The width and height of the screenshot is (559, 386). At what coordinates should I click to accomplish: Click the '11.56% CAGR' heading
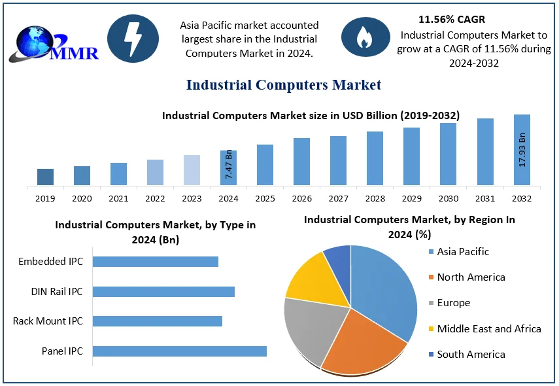click(452, 20)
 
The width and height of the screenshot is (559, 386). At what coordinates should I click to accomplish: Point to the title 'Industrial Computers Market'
click(284, 85)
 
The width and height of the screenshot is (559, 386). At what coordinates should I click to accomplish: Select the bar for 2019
click(45, 177)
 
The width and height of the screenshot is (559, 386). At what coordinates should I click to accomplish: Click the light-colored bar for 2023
click(192, 170)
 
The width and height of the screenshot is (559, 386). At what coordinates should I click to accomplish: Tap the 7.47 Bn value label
click(229, 165)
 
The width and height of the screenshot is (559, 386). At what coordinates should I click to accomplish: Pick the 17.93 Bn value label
click(522, 150)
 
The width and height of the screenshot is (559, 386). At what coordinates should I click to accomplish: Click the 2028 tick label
click(375, 198)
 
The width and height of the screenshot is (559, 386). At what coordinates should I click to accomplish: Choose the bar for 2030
click(448, 154)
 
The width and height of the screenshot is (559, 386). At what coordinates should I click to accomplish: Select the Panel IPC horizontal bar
click(180, 351)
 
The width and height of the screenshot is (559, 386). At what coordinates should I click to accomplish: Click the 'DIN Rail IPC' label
click(57, 292)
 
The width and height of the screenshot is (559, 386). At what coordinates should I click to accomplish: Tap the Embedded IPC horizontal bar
click(156, 262)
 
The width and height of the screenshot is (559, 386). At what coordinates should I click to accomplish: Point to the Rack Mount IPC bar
click(158, 321)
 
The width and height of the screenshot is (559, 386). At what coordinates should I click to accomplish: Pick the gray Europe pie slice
click(309, 327)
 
